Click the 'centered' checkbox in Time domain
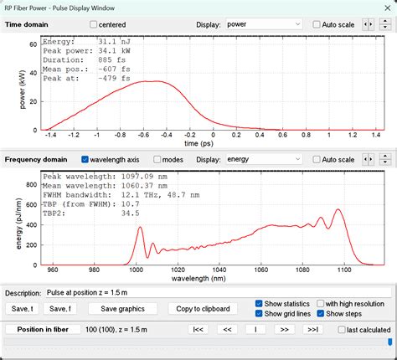click(x=94, y=25)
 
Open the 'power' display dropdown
click(x=262, y=25)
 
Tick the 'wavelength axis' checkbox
click(x=85, y=159)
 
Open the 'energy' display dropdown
click(x=262, y=159)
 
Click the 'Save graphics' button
click(x=122, y=309)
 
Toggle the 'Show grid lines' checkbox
click(x=260, y=314)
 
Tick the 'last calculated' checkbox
click(x=342, y=330)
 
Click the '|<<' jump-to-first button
click(x=198, y=330)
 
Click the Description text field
click(x=218, y=292)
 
